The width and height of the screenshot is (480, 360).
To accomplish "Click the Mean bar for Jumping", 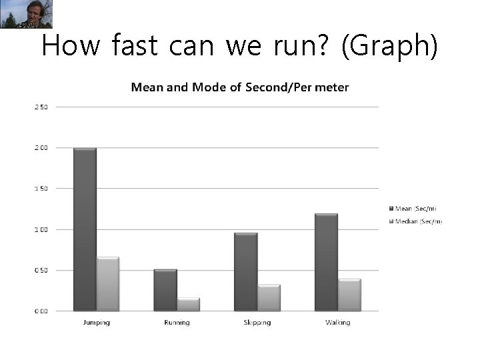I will pos(85,229).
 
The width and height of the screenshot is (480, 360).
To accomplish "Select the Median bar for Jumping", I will pos(107,284).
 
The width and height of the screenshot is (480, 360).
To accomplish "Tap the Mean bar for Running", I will pos(165,290).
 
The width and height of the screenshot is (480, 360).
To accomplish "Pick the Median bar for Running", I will pos(188,305).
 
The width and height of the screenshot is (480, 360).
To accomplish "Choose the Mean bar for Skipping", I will pos(245,272).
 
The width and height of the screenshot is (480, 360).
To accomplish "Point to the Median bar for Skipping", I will pos(269,298).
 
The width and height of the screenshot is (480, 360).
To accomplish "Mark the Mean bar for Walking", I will pos(326,262).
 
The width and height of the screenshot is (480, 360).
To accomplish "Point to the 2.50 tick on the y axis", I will pos(40,107).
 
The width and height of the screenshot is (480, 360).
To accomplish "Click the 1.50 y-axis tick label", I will pos(40,189).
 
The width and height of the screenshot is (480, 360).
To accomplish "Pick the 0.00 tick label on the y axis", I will pos(40,311).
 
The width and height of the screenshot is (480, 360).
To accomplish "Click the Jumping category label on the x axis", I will pos(96,323).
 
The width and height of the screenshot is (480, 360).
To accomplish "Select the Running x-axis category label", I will pos(177,323).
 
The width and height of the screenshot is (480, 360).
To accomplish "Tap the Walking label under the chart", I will pos(337,323).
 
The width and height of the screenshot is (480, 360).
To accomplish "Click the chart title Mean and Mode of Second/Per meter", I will pos(240,87).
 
